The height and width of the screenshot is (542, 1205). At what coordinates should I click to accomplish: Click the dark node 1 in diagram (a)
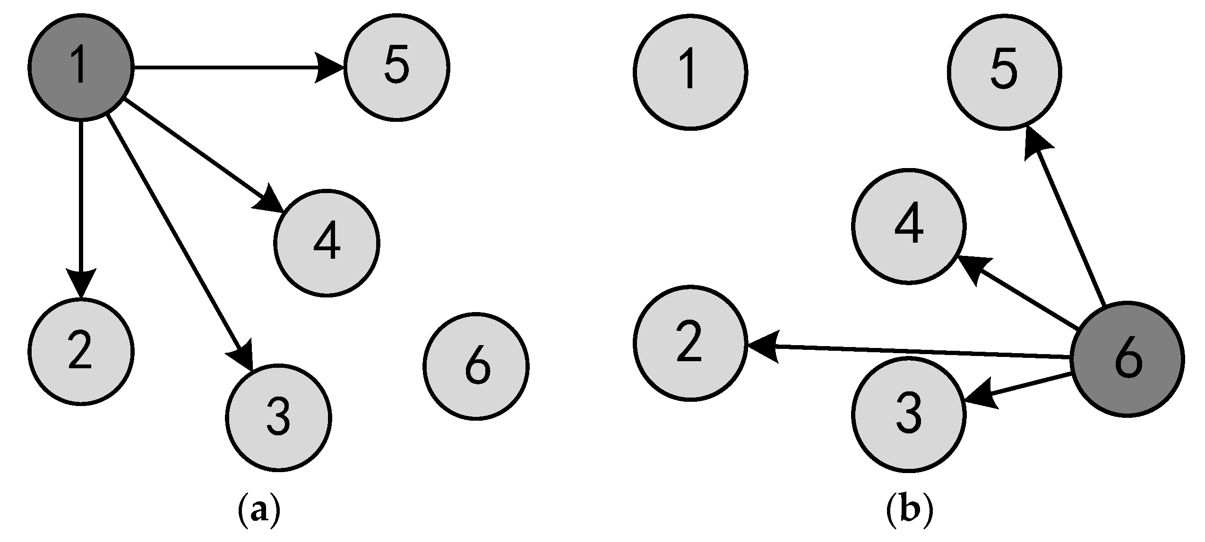click(81, 68)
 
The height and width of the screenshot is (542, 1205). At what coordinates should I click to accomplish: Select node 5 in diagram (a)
click(396, 68)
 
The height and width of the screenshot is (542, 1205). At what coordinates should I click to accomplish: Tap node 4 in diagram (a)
click(327, 243)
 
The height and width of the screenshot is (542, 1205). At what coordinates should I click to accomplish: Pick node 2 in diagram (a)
click(81, 351)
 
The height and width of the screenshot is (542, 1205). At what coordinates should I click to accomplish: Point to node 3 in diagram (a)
click(278, 417)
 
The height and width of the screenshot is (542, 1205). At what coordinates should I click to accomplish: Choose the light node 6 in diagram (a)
click(476, 366)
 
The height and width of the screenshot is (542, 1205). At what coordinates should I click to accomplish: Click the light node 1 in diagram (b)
click(690, 72)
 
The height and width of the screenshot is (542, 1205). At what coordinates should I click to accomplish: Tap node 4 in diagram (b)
click(909, 227)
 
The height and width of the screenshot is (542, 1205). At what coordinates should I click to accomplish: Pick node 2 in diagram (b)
click(690, 343)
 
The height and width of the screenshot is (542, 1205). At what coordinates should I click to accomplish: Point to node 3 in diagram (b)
click(909, 414)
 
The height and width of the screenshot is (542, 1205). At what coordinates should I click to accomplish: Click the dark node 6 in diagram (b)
click(1127, 359)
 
